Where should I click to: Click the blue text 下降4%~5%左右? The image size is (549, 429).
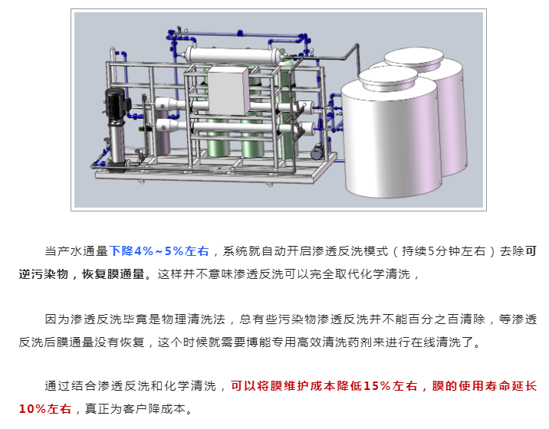[x=159, y=251]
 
